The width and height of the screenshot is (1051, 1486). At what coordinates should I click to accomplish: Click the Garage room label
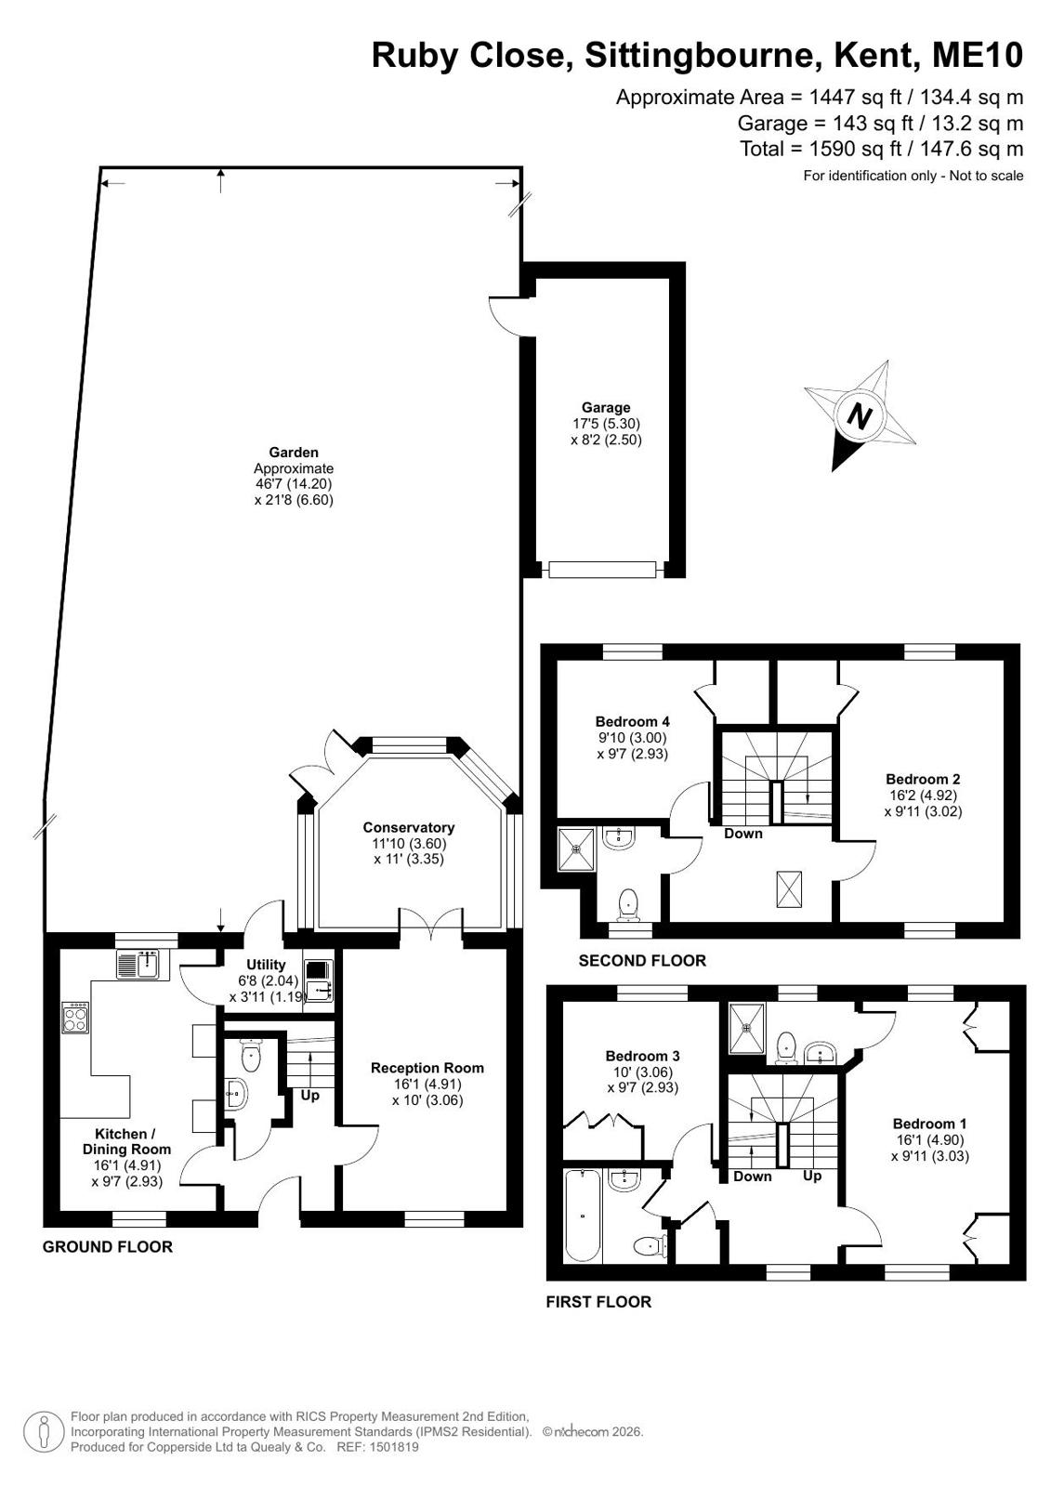pos(606,407)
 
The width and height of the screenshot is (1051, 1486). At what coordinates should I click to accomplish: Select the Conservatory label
pos(408,827)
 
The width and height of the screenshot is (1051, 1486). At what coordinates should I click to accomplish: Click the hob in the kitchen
pos(75,1017)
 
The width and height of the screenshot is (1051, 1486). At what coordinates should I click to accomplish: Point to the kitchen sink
pos(138,965)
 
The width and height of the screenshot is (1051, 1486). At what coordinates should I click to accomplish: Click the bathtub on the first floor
pos(582,1215)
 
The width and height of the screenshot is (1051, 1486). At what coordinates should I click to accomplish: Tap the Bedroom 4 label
pos(632,721)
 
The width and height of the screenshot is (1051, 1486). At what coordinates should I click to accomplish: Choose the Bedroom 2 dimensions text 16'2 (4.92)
pos(923,795)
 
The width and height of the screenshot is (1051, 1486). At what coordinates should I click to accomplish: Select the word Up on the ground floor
pos(309,1096)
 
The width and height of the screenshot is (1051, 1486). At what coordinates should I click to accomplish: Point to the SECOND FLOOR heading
pos(642,961)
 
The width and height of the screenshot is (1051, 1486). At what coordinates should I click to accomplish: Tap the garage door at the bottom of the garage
pos(602,569)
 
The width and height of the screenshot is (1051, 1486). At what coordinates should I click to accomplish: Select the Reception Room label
pos(427,1068)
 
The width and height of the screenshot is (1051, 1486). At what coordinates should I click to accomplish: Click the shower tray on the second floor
pos(578,849)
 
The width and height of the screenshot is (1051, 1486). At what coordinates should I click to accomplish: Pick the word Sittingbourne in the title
pos(700,55)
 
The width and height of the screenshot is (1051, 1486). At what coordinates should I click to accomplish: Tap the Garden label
pos(294,453)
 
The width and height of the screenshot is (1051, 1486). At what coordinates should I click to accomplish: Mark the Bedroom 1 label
pos(929,1124)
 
